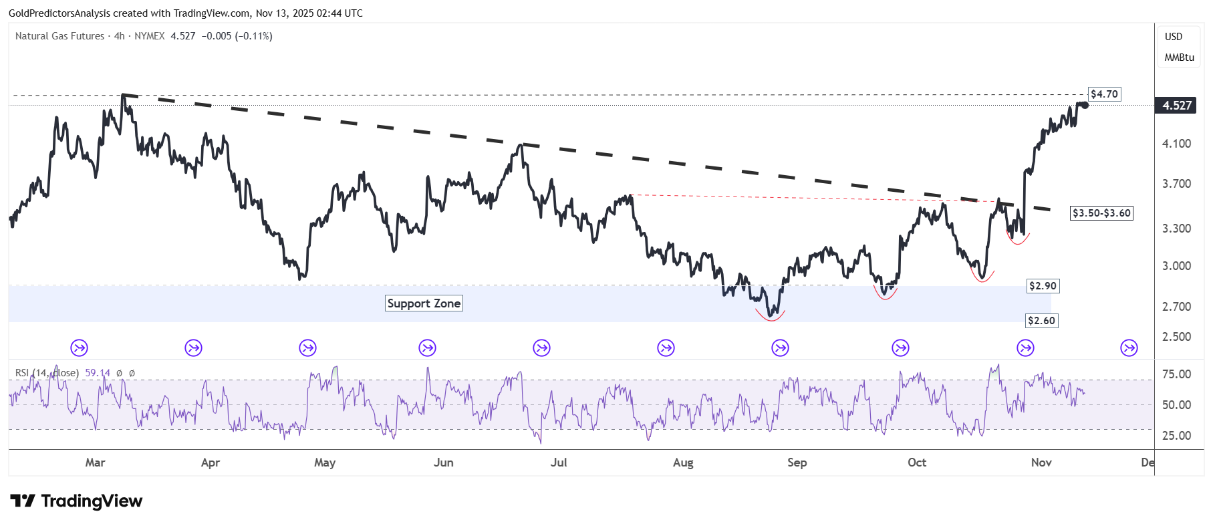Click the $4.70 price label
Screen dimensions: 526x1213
1104,94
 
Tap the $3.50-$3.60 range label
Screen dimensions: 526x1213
1101,213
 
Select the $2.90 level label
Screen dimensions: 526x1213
1043,286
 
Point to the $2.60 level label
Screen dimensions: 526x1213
1041,321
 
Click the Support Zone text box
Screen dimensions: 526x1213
424,303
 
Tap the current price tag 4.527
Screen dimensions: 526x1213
1177,106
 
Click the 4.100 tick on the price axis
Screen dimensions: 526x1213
1176,144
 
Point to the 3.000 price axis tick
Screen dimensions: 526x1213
1176,266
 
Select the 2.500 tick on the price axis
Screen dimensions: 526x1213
1176,337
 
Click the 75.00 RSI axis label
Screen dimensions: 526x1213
1176,374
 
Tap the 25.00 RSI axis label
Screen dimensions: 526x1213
1176,436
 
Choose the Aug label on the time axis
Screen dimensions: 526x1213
683,463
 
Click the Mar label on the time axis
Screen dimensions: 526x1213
95,463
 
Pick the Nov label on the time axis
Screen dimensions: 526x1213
1041,463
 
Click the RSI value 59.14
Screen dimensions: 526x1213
98,373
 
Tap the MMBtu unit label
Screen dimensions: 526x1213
1179,57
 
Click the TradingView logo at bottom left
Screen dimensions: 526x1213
76,501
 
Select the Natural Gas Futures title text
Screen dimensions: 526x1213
60,36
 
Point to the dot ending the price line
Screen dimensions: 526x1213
1085,105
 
